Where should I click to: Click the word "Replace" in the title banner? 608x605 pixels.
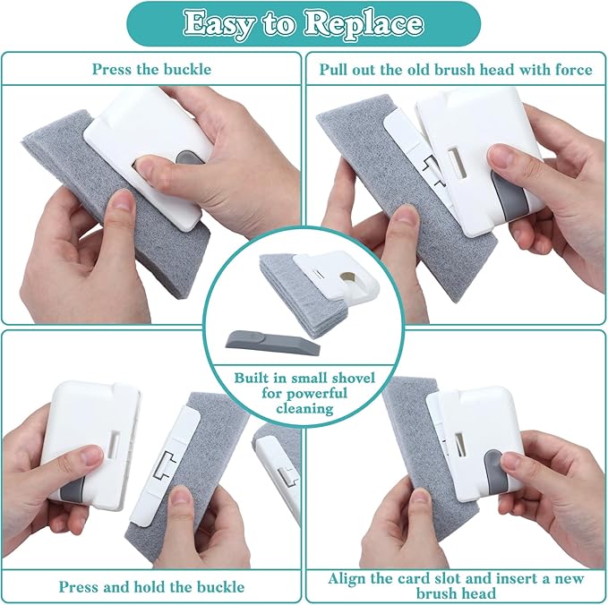pos(363,24)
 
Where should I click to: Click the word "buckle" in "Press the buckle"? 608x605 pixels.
pos(187,70)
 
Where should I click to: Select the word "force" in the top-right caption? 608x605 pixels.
pos(573,70)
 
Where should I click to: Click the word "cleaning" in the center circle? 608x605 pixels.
pos(304,409)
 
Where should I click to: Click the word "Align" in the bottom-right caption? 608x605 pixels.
pos(347,579)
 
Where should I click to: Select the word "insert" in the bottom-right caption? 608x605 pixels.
pos(515,579)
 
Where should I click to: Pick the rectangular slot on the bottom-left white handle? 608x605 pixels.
pos(116,445)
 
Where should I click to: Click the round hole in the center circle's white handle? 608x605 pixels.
pos(347,277)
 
